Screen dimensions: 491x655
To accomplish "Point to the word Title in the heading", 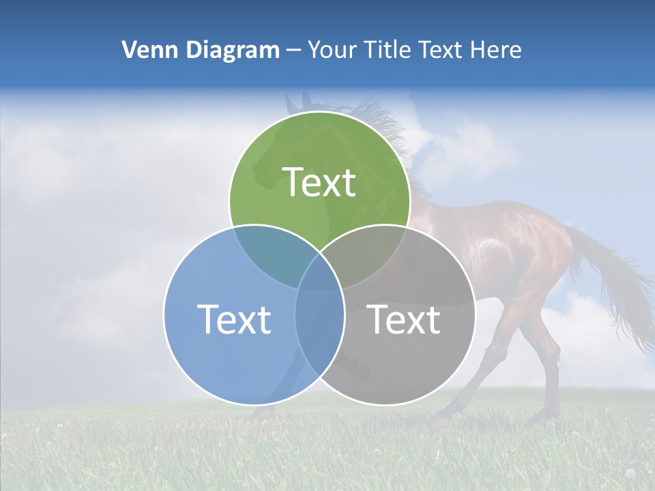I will coord(388,50).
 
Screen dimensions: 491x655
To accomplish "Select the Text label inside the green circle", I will coord(319,182).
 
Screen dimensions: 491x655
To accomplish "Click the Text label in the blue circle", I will coord(234,319).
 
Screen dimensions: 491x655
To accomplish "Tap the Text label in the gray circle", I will coord(404,319).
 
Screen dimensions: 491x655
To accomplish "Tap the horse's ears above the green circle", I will coord(297,102).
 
